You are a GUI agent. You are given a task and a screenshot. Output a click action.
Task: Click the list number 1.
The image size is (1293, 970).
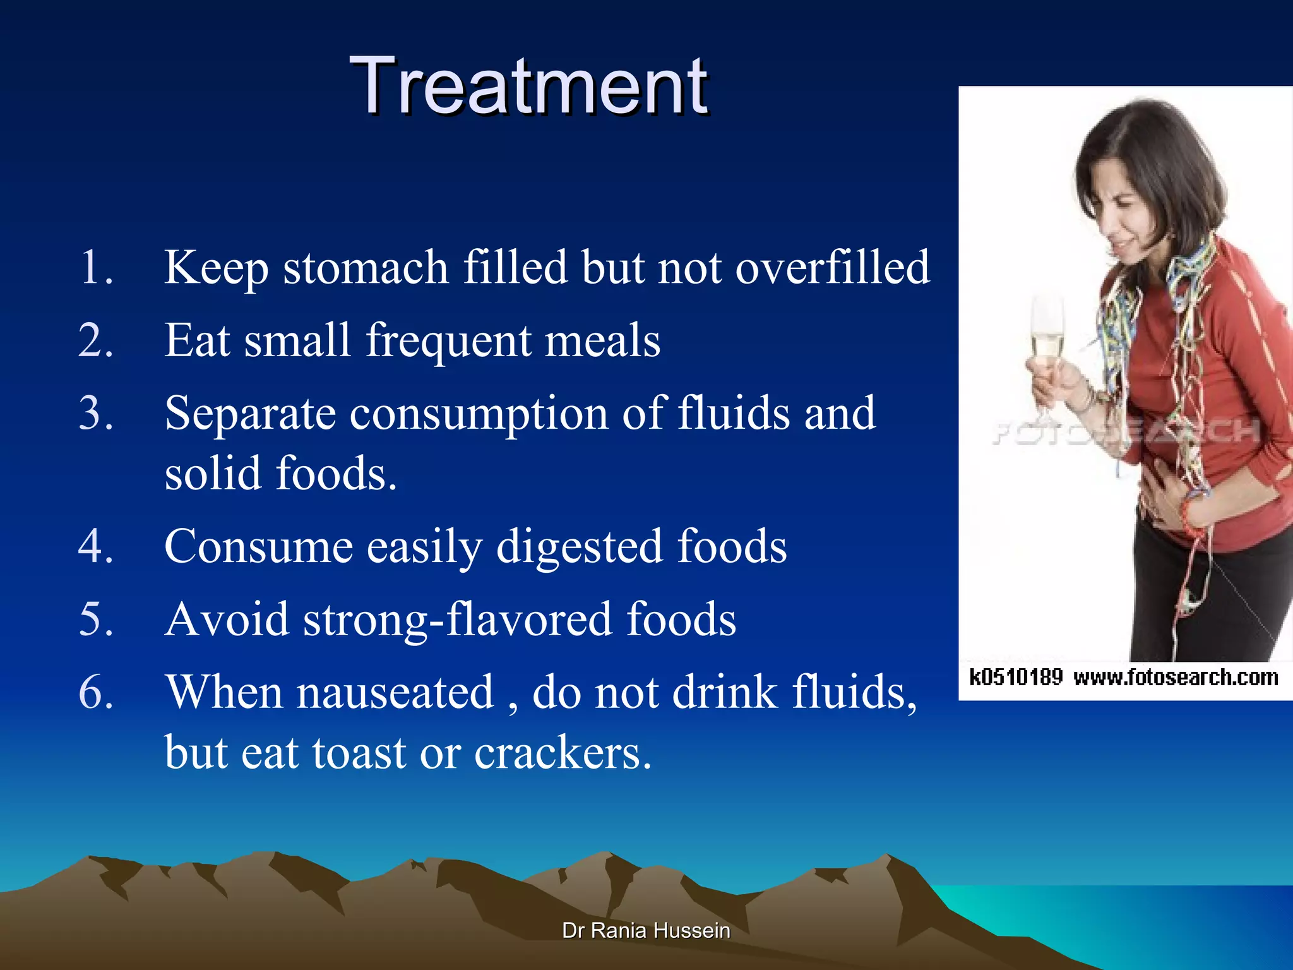(96, 268)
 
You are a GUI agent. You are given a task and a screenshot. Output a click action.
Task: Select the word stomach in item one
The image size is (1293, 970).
(366, 268)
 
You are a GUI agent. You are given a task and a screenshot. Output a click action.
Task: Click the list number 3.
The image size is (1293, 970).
(96, 414)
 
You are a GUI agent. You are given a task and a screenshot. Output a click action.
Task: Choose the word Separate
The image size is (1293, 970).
(250, 414)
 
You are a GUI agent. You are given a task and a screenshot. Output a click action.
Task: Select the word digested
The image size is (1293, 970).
(579, 547)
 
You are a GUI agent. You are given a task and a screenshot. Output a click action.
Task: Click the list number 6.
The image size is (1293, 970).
(96, 693)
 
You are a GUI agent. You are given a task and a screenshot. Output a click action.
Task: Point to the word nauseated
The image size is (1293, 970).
(395, 693)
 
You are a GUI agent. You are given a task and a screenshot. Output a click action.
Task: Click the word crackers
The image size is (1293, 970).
(562, 753)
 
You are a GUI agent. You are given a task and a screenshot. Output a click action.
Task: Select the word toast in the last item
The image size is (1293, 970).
(359, 753)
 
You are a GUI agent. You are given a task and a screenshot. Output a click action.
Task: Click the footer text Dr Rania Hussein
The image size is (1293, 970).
(646, 930)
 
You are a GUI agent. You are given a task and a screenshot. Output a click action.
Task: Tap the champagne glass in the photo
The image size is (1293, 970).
(1047, 341)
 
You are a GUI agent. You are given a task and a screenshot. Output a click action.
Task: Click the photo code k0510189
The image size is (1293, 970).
(1016, 678)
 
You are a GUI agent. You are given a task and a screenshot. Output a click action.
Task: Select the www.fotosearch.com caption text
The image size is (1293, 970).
(1176, 678)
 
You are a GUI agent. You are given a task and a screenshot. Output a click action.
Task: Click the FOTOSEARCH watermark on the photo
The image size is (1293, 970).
(1124, 432)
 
